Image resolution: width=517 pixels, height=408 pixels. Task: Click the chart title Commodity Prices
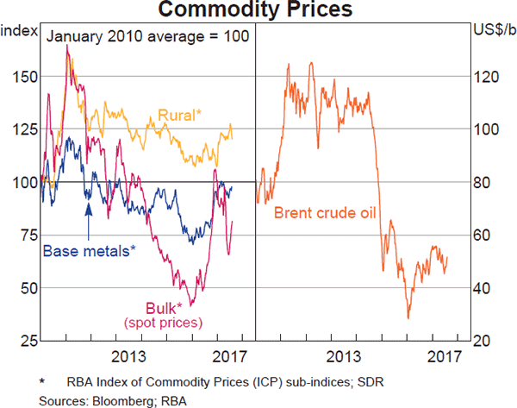point(258,11)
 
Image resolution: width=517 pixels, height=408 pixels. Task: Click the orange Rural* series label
point(179,116)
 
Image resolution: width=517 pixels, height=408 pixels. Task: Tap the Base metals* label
point(90,251)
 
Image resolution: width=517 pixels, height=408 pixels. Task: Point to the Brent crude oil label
point(327,212)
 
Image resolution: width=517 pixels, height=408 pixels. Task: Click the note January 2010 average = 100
point(146,36)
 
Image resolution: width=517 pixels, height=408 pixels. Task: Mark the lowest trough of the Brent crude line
point(408,318)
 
